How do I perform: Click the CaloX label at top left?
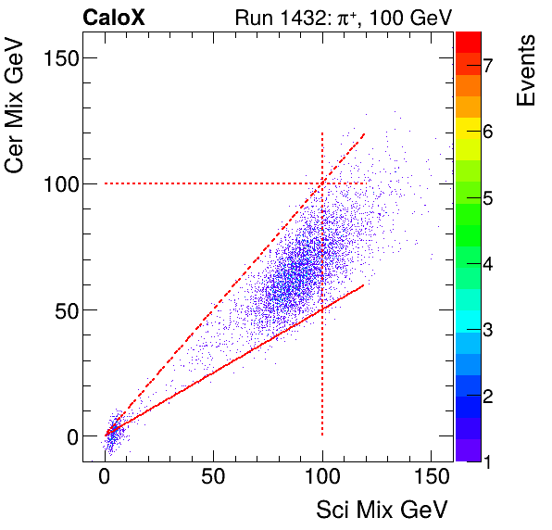pos(113,17)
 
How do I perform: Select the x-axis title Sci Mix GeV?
pos(383,510)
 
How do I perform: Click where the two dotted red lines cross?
pos(322,183)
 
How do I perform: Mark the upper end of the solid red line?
pos(364,284)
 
